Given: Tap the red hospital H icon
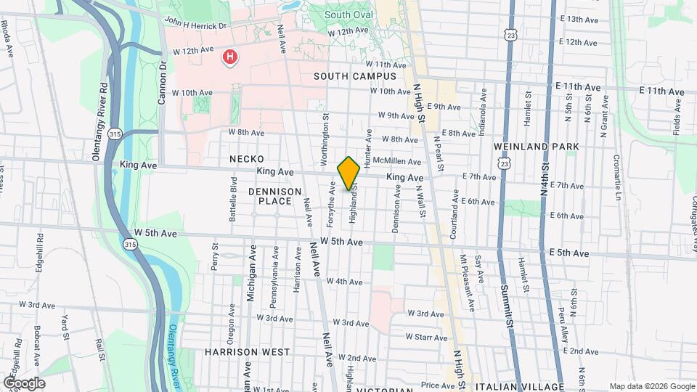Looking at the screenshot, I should pos(231,56).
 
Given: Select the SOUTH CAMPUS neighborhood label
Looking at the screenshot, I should pos(355,76).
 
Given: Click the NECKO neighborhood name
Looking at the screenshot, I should pos(246,158).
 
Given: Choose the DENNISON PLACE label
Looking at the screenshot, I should pos(274,197).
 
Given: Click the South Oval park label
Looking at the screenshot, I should pos(349,15).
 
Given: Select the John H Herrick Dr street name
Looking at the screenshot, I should pos(195,24).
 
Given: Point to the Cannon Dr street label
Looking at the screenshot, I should pos(163,75).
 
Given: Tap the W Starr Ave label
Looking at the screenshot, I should pos(426,337).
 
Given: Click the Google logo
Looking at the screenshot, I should pos(24,383).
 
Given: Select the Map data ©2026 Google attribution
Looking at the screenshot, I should pos(651,386).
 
